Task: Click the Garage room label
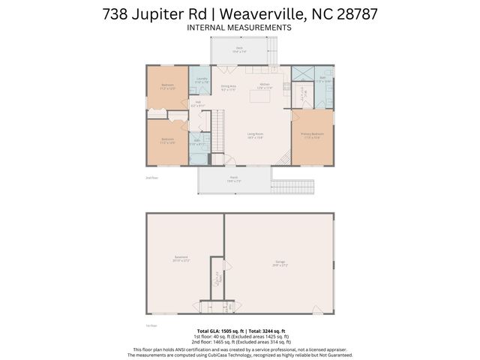[x=278, y=263]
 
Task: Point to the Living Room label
[x=256, y=136]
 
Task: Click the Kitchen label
[x=265, y=85]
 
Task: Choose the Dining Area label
[x=228, y=88]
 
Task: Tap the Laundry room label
[x=201, y=80]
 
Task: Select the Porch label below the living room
[x=233, y=179]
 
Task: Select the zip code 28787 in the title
[x=353, y=13]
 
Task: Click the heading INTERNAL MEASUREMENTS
[x=239, y=28]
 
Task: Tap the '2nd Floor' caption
[x=152, y=178]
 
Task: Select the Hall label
[x=197, y=105]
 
